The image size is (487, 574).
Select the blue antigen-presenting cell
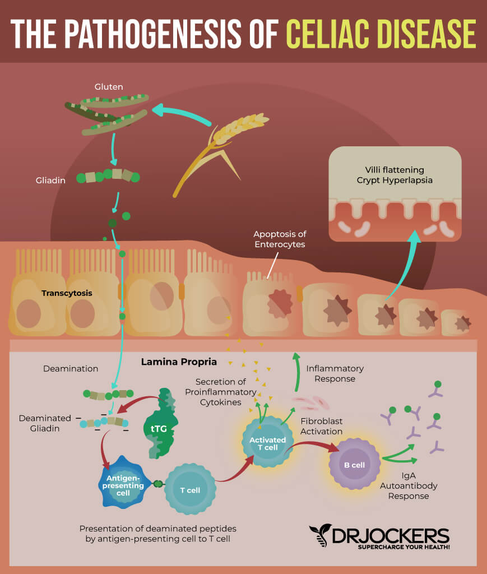124,480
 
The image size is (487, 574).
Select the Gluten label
108,87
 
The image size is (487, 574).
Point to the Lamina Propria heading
178,362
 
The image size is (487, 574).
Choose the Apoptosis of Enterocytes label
280,239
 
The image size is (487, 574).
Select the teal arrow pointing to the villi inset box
402,263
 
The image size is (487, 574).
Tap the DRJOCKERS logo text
386,535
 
